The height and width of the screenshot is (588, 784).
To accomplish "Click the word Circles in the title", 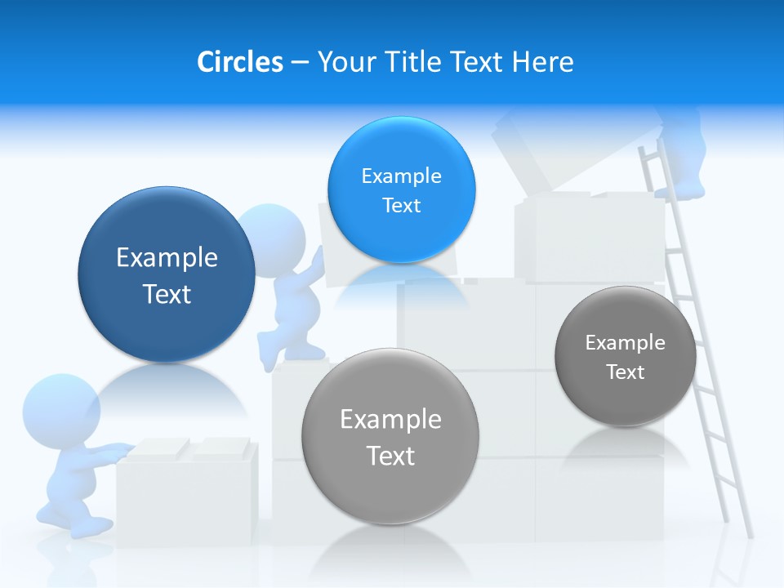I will click(x=240, y=62).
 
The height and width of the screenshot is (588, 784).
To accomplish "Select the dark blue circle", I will click(x=167, y=274).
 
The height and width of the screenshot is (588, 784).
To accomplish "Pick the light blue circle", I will click(x=401, y=189).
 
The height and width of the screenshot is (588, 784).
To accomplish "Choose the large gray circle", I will click(x=390, y=436).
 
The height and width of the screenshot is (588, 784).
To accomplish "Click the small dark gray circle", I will click(x=625, y=356).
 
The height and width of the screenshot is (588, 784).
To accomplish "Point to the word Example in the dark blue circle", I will click(x=167, y=258).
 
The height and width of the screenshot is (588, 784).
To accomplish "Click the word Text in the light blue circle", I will click(x=401, y=205).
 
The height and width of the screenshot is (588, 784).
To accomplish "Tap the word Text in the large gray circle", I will click(x=390, y=456).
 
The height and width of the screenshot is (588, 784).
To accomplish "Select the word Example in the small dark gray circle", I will click(x=625, y=342).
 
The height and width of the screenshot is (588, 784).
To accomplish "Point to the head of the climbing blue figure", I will click(x=271, y=234).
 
